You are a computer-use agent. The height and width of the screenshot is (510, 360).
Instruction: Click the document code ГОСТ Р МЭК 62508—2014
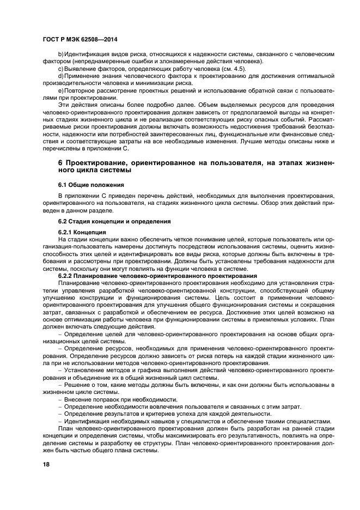click(x=80, y=39)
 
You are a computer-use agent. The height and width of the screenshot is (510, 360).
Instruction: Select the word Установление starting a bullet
click(x=86, y=371)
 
